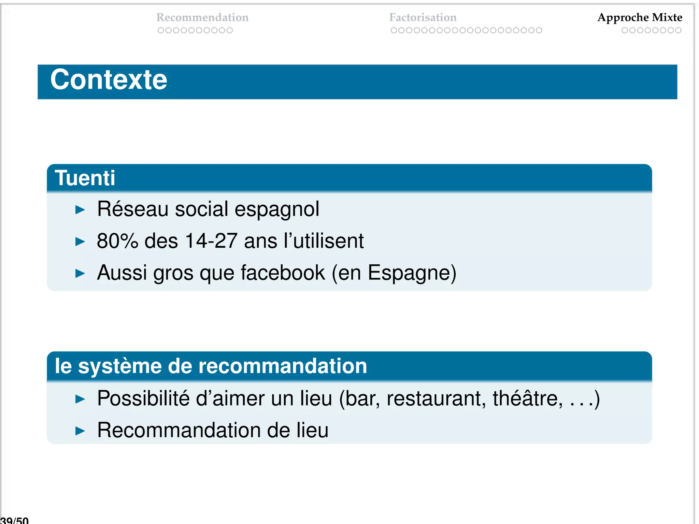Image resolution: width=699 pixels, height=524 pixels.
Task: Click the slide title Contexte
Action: tap(109, 80)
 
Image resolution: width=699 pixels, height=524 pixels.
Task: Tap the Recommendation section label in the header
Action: tap(202, 17)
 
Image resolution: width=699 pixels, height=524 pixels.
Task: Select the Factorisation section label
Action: tap(423, 17)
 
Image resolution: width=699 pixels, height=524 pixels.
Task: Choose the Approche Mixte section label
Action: tap(640, 17)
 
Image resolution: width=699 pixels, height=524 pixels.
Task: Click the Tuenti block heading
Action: tap(85, 178)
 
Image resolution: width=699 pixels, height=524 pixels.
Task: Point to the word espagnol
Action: tap(277, 209)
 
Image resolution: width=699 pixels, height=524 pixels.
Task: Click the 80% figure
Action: tap(117, 241)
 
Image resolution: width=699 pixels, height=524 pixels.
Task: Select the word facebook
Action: tap(283, 273)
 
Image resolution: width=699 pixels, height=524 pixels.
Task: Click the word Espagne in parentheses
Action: tap(409, 273)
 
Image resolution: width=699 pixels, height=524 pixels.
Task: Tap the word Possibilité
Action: tap(143, 398)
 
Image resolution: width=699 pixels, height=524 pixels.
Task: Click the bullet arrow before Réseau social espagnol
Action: tap(80, 209)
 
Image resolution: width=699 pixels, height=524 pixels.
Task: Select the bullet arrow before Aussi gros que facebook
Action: tap(80, 273)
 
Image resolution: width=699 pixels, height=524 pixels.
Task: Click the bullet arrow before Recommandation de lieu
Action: tap(80, 431)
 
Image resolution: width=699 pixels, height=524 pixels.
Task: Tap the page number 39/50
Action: tap(15, 520)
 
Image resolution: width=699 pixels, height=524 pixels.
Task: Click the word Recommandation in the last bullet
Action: tap(179, 430)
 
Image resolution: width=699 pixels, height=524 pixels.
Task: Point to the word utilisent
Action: tap(328, 241)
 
